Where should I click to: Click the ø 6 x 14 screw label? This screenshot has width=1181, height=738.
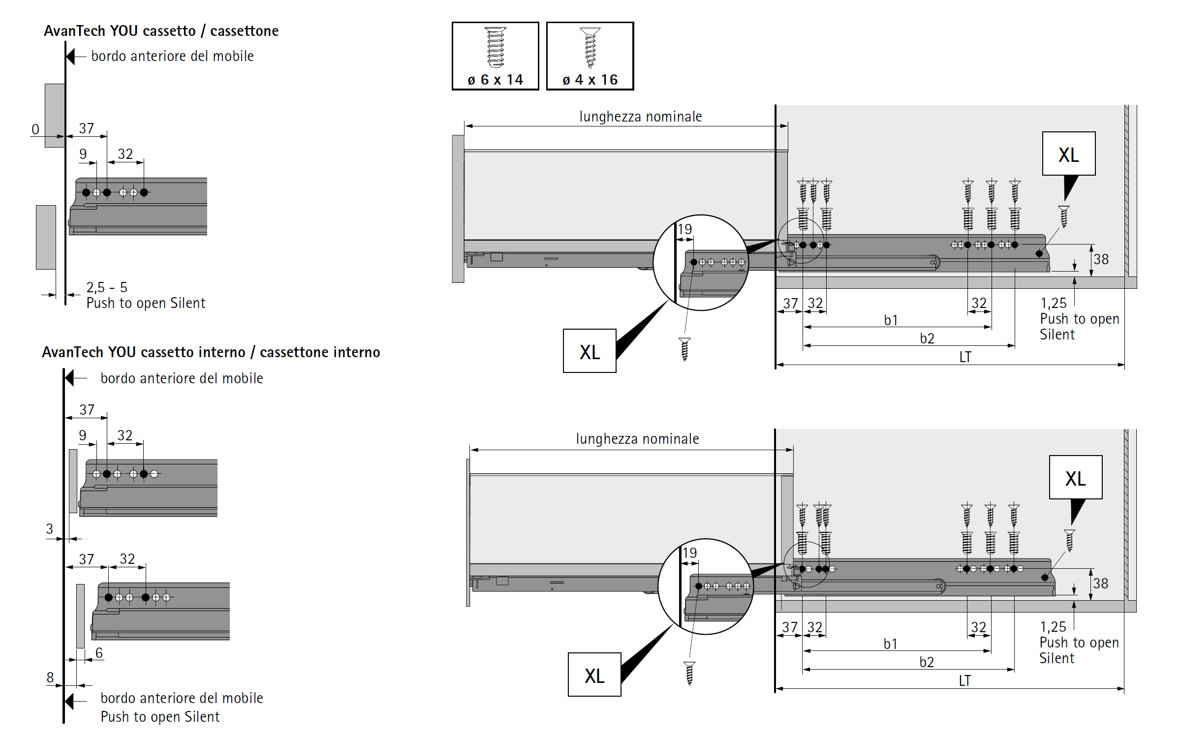495,80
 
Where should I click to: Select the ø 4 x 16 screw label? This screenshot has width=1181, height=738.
590,80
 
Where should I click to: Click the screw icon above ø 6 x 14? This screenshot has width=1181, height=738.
496,47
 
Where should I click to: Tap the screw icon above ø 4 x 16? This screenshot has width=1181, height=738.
590,47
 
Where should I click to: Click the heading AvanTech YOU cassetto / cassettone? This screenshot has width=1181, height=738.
161,31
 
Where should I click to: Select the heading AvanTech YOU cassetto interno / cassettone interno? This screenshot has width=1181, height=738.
211,352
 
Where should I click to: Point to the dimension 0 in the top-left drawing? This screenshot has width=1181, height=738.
35,129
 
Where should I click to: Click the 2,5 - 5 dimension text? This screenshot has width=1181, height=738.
107,287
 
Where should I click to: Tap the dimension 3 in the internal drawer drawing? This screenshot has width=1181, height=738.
49,529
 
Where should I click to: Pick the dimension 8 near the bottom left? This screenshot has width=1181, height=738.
50,677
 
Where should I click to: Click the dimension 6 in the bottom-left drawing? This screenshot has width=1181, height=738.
99,653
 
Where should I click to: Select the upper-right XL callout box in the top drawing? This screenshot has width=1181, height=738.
1068,154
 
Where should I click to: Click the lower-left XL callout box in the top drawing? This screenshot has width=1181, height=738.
590,351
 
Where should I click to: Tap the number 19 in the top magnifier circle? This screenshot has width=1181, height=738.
684,229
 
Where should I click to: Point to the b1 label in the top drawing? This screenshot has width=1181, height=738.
891,320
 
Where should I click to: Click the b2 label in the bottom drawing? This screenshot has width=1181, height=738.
926,662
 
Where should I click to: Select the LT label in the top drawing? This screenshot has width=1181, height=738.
965,357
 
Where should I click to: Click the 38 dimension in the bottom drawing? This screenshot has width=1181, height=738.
1100,584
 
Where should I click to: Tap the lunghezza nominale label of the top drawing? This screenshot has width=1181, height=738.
640,117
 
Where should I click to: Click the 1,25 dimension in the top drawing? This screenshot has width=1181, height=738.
1053,303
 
